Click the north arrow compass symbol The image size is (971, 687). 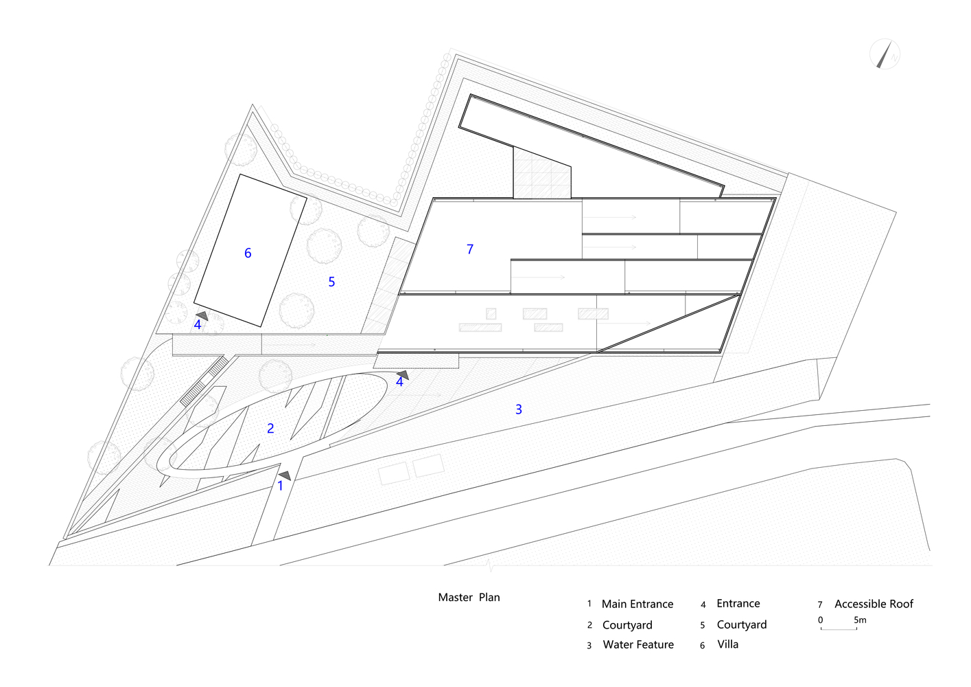tap(885, 54)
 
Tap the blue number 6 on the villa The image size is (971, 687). tap(248, 254)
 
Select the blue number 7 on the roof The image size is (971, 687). tap(470, 249)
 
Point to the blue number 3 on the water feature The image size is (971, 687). tap(519, 409)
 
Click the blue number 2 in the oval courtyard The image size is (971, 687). tap(270, 429)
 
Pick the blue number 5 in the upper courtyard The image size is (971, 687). tap(331, 282)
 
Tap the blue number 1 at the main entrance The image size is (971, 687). tap(280, 486)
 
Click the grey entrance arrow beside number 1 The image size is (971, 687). tap(285, 475)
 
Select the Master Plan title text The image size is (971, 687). tap(469, 598)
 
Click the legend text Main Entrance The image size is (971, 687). tap(637, 605)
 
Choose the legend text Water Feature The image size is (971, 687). tap(638, 645)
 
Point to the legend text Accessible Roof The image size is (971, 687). tap(874, 605)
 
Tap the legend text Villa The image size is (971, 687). tap(728, 644)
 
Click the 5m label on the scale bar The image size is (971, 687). tap(860, 620)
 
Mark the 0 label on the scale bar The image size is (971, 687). tap(820, 620)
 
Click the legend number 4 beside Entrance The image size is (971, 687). tap(703, 605)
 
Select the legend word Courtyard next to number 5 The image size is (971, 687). tap(742, 625)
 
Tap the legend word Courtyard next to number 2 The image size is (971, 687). tap(627, 625)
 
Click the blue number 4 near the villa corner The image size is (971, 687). tap(198, 325)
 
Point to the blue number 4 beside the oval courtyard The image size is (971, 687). tap(399, 382)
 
